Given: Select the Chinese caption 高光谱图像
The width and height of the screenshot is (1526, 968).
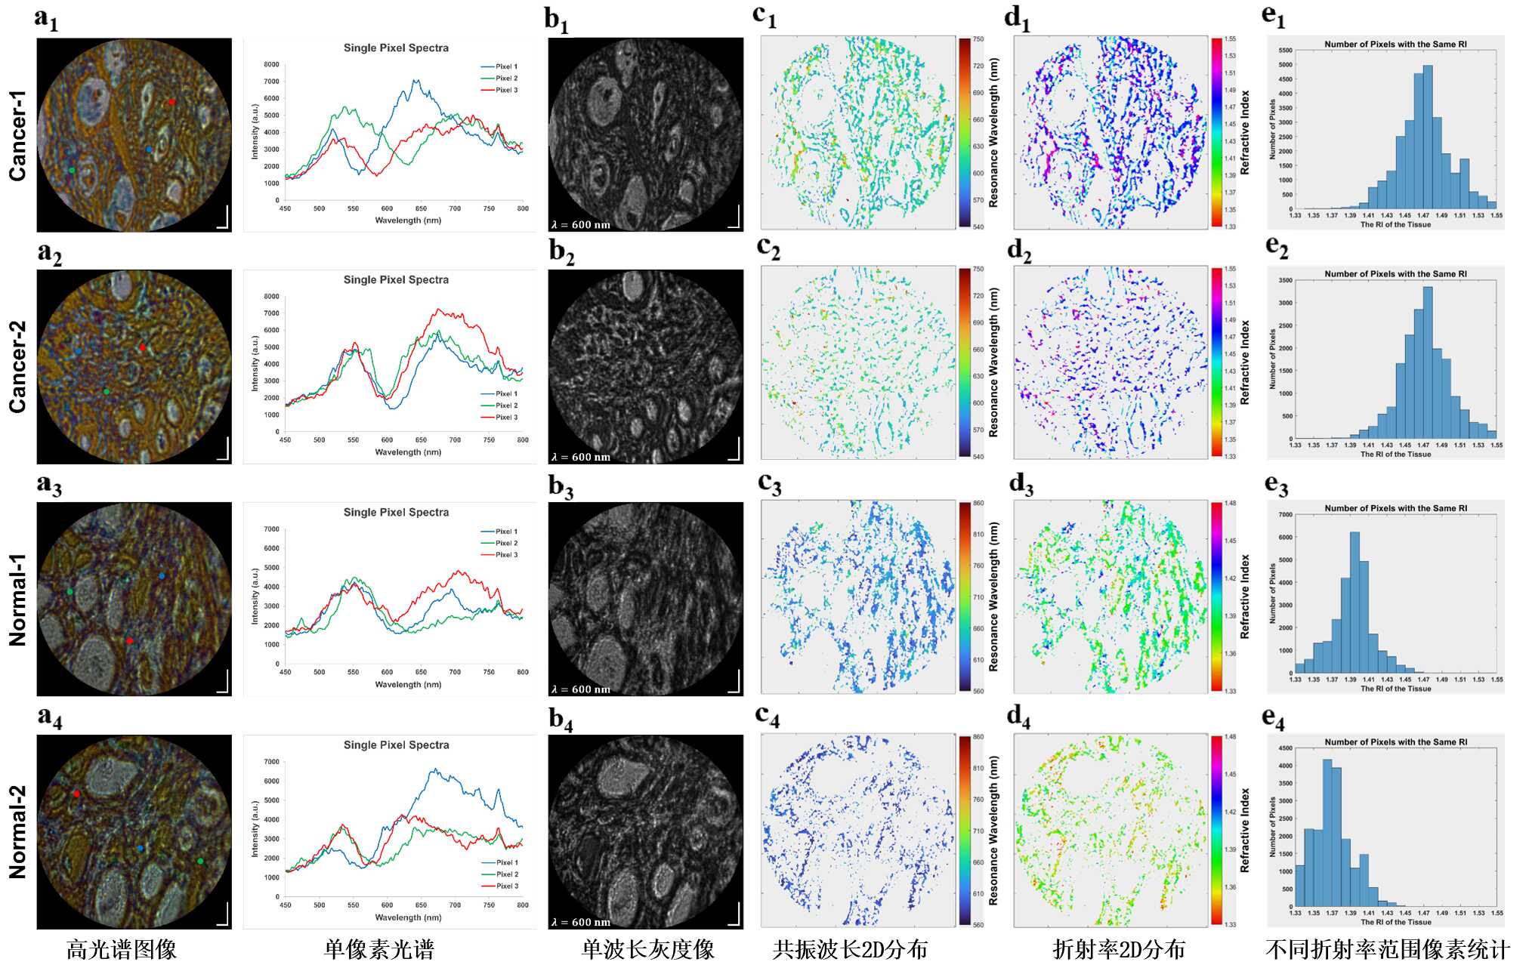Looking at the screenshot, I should (x=122, y=949).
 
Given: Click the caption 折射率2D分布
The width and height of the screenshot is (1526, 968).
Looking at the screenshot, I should (x=1119, y=949).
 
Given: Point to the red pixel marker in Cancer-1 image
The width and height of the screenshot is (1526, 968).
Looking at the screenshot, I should (x=171, y=101).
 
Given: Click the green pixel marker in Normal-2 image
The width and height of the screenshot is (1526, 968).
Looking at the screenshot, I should (x=200, y=861).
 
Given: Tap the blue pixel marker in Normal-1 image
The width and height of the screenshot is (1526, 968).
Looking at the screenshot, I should (x=162, y=576).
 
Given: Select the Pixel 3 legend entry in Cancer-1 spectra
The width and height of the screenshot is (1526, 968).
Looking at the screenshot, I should (x=506, y=90).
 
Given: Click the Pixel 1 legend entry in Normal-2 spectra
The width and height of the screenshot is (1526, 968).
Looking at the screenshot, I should (x=506, y=862).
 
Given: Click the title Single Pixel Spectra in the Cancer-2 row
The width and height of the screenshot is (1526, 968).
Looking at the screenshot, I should (x=396, y=279).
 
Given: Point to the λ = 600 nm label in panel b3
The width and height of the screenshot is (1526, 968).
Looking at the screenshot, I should (x=580, y=689).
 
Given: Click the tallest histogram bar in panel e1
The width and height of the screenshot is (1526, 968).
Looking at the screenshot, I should (x=1427, y=137).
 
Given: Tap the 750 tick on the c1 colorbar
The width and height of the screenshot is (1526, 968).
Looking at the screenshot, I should (x=978, y=39).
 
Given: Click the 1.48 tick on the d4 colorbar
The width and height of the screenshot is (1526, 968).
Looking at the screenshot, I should (x=1231, y=737).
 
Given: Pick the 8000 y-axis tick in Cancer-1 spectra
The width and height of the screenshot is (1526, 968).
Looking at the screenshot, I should (x=271, y=65).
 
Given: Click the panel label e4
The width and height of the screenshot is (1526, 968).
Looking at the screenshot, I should (x=1274, y=719).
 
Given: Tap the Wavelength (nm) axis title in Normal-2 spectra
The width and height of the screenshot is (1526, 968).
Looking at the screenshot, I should (x=408, y=917).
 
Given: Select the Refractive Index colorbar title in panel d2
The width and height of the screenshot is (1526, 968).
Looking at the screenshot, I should (x=1245, y=362).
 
